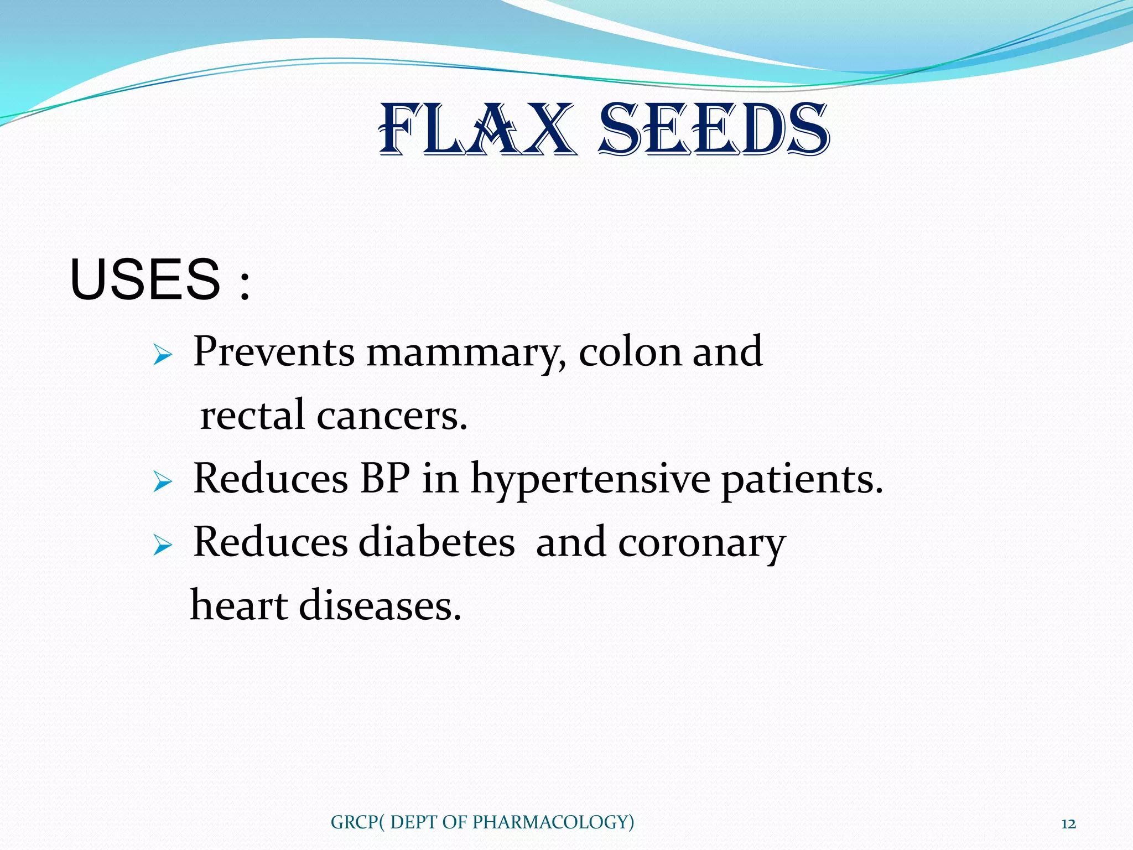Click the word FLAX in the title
[x=476, y=131]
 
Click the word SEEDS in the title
[x=714, y=131]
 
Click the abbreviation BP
[x=385, y=478]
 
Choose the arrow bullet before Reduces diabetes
[x=163, y=546]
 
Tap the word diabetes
[x=437, y=542]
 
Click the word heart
[x=240, y=605]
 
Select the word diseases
[x=380, y=605]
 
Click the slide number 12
[x=1068, y=824]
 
